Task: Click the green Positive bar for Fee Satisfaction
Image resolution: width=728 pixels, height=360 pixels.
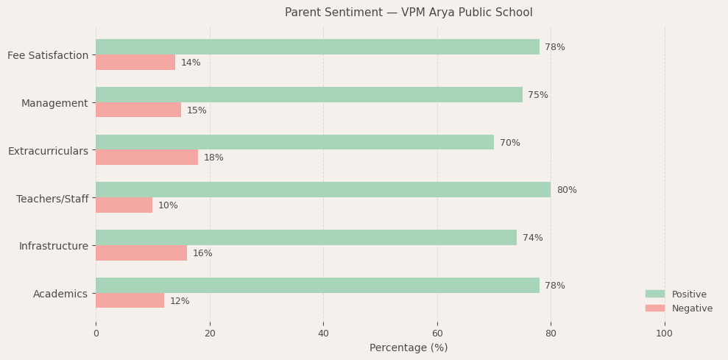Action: (317, 47)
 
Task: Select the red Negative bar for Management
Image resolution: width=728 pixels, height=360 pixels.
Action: (138, 110)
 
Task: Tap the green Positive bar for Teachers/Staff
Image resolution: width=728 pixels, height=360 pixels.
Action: (323, 190)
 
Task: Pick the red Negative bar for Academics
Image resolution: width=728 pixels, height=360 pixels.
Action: (130, 300)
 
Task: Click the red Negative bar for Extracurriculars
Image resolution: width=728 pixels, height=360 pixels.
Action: (146, 158)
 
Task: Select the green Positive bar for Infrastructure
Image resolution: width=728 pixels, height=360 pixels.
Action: (306, 238)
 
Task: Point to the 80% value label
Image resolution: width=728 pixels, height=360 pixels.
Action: (566, 190)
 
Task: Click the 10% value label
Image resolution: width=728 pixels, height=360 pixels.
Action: (168, 205)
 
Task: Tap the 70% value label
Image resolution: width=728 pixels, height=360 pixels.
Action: (509, 143)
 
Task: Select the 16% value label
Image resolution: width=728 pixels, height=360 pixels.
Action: (202, 253)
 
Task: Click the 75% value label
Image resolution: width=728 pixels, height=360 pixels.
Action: (537, 95)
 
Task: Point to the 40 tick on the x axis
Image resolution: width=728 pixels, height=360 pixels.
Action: (323, 333)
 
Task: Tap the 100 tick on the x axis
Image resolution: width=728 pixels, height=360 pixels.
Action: (664, 333)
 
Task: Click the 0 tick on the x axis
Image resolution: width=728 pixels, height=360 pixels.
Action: (96, 333)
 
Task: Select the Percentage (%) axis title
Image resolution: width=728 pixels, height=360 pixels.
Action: (409, 347)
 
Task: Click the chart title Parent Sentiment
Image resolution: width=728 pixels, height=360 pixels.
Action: (409, 13)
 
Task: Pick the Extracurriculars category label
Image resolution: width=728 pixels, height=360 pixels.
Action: (48, 151)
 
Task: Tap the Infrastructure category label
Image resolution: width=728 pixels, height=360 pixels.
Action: (54, 246)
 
